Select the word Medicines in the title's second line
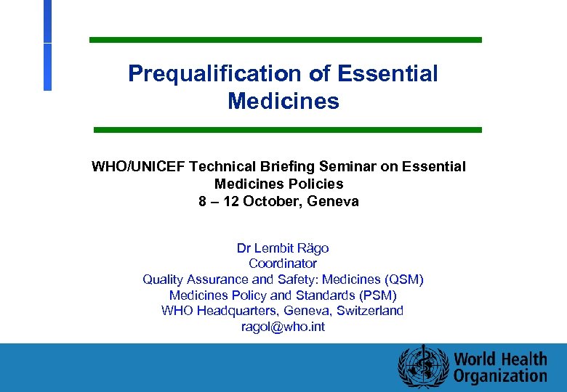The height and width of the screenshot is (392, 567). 283,101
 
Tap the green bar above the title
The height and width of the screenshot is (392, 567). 285,40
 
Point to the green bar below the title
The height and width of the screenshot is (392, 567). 287,130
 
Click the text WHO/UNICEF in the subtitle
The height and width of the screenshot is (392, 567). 137,167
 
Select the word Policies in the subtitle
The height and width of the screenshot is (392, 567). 315,184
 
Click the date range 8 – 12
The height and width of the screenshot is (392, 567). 219,201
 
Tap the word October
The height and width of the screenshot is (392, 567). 271,201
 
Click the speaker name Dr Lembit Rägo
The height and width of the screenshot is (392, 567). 283,248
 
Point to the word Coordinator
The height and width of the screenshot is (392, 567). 283,264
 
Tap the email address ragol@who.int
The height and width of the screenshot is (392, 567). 283,327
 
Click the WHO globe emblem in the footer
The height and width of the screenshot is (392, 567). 420,367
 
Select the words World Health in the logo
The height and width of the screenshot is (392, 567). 500,359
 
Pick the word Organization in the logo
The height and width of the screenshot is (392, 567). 500,376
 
